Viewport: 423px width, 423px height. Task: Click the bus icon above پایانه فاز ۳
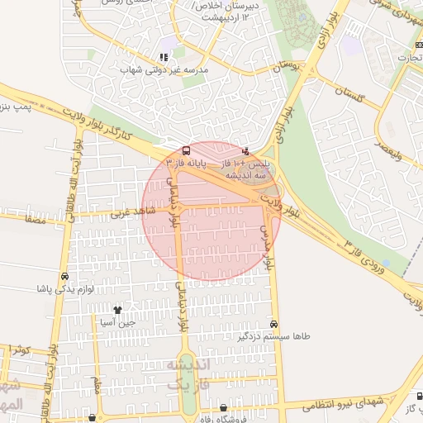(186, 151)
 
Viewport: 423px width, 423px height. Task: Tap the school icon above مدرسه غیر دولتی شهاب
(164, 58)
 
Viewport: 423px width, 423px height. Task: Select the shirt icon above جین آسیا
(118, 311)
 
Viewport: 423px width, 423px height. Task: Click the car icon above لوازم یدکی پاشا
(64, 277)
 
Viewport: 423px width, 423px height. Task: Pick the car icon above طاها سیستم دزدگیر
(273, 325)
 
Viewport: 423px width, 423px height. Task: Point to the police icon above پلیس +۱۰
(245, 151)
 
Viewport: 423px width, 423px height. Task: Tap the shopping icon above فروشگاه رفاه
(224, 408)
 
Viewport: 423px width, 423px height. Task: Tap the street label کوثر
(21, 350)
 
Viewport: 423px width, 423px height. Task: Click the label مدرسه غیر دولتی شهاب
(164, 70)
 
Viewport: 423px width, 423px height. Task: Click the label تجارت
(408, 58)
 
